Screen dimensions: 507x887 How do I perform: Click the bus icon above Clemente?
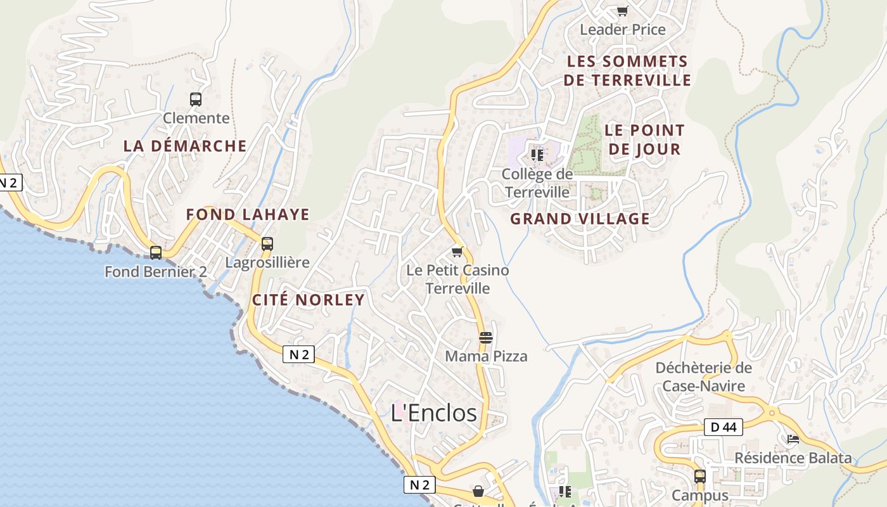click(196, 99)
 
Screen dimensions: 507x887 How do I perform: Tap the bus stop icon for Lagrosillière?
click(267, 244)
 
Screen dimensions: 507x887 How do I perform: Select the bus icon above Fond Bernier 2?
click(156, 253)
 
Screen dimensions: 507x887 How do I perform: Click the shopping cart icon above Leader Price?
click(622, 11)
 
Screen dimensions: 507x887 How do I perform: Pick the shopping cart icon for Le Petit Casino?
click(457, 252)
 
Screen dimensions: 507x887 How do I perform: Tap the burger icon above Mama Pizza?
click(486, 338)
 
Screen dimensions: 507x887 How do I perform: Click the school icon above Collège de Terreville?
click(537, 155)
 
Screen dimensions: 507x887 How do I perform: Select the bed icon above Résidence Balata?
click(793, 439)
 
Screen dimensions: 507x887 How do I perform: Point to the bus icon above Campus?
click(700, 476)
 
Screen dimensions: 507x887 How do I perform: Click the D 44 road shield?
click(723, 427)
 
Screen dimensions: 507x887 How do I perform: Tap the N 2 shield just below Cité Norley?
click(298, 355)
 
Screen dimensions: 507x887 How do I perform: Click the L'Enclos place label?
click(434, 413)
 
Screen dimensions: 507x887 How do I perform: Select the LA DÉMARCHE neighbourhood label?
click(185, 146)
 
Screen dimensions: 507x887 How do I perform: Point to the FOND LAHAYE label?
click(248, 214)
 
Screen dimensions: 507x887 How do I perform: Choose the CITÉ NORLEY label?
click(309, 300)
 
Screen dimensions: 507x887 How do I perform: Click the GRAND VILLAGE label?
click(580, 219)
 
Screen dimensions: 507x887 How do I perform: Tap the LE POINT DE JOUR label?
click(644, 139)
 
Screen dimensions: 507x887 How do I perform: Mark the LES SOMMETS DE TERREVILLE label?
click(627, 71)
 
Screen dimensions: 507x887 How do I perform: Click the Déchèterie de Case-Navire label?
click(703, 376)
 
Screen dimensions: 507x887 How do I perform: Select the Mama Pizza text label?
click(486, 356)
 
